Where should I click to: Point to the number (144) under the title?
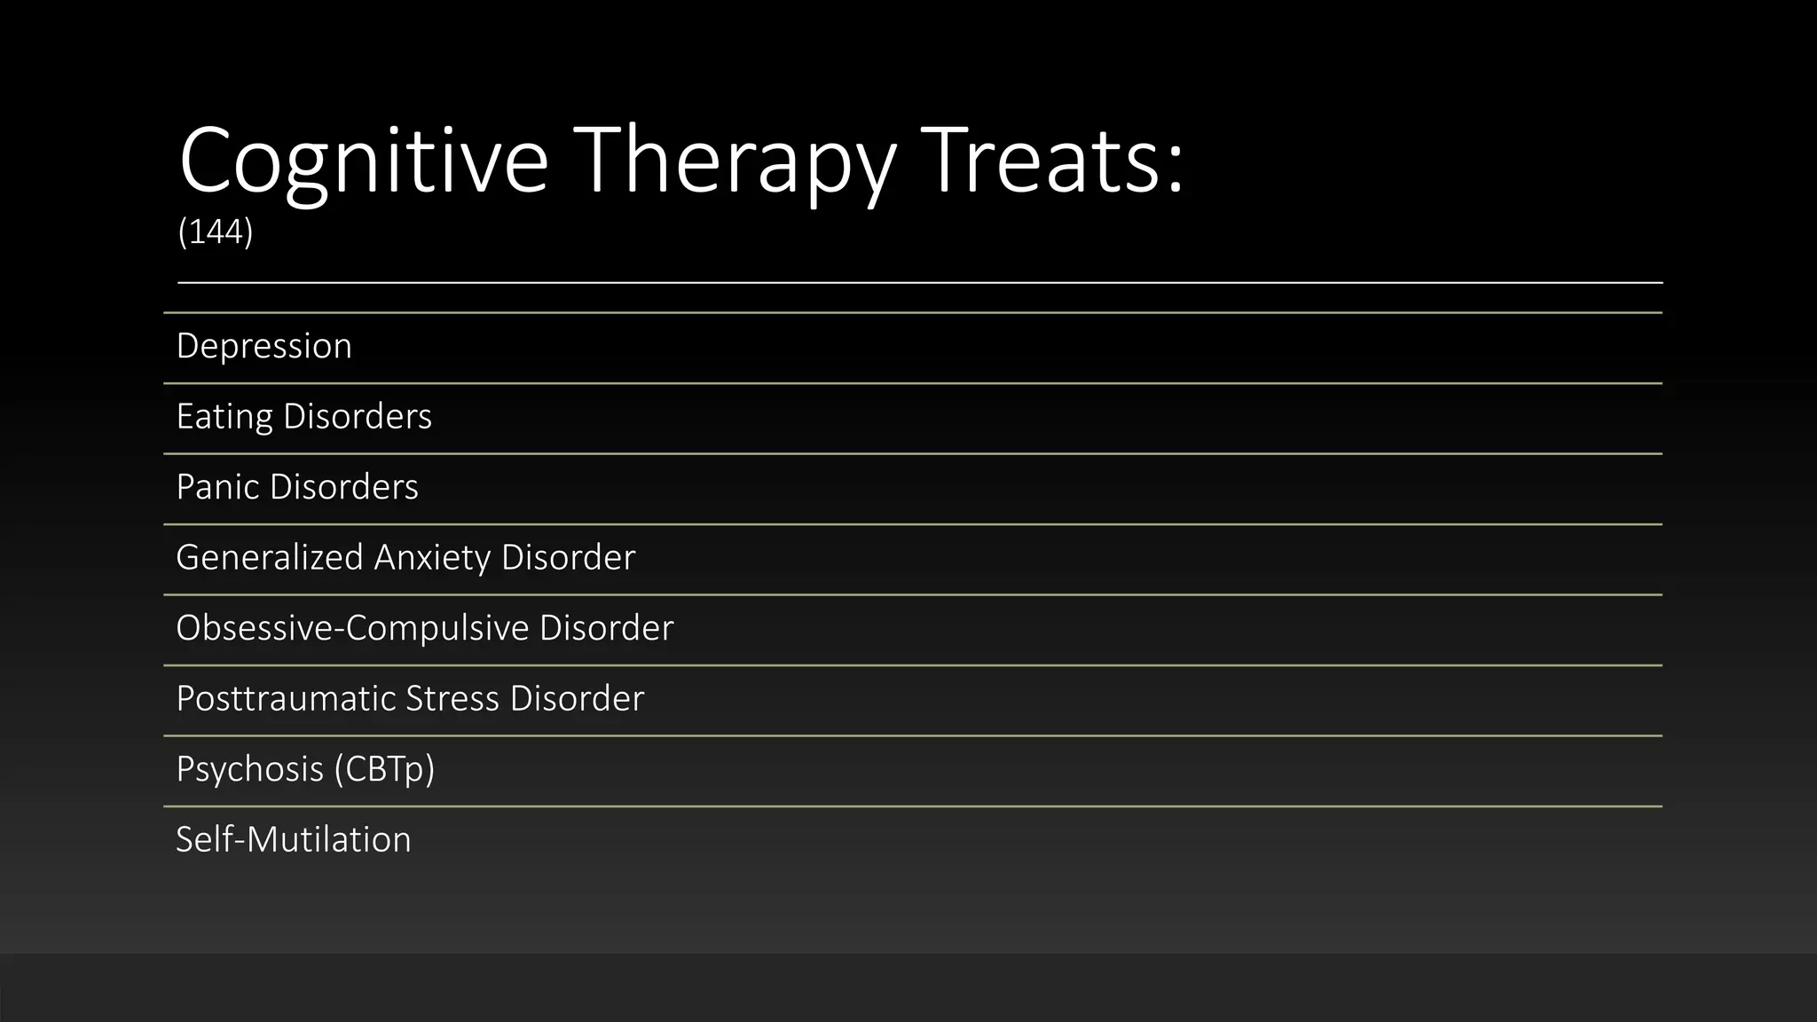coord(216,232)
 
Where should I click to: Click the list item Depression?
coord(264,346)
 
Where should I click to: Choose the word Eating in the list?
coord(224,417)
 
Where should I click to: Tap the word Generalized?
coord(270,558)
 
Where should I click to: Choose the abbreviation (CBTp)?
coord(384,769)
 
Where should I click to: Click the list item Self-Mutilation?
coord(294,840)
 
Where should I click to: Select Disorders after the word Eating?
coord(357,417)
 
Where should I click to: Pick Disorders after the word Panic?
coord(343,487)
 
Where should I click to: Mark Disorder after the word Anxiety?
coord(568,558)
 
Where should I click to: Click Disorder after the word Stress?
coord(577,699)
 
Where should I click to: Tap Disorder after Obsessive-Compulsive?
coord(606,628)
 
